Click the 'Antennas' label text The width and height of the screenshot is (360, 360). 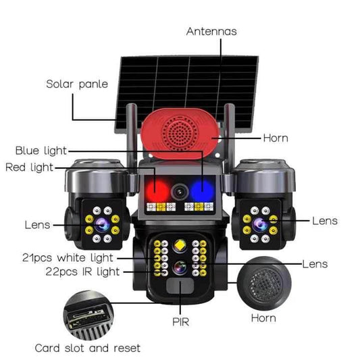(211, 32)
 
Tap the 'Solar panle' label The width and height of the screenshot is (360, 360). (74, 84)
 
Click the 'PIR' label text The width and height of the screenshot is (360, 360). (180, 322)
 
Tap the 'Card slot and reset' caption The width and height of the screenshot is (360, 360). (88, 348)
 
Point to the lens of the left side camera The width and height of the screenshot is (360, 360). (102, 224)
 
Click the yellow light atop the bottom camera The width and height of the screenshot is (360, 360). (180, 245)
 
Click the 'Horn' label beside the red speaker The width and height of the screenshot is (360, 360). (275, 138)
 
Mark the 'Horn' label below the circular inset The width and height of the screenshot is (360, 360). (263, 317)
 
